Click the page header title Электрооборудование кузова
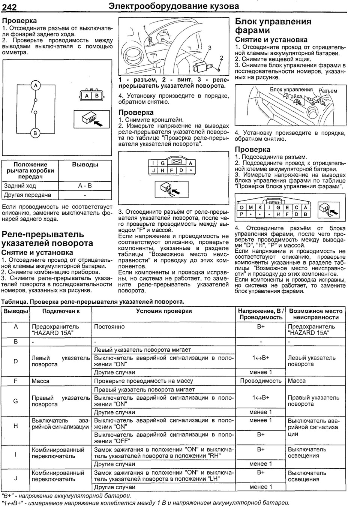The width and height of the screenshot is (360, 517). coord(173,6)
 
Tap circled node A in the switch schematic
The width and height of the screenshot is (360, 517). coord(36,86)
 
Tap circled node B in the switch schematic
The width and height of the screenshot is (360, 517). coord(36,133)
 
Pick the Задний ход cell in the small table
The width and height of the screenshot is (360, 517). coord(20,186)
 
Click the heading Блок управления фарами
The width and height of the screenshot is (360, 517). coord(273,26)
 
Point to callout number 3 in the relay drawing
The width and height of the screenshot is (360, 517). coord(210,48)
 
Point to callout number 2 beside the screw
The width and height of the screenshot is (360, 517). coord(221,58)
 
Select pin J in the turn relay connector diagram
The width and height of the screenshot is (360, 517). coord(153,170)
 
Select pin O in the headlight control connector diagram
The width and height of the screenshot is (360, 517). coord(241,207)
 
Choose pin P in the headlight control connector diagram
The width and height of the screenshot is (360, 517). coord(241,214)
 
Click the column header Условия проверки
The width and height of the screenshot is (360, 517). coord(164,311)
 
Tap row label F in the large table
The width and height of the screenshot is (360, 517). coord(16,381)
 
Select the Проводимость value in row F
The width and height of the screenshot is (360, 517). coord(261,381)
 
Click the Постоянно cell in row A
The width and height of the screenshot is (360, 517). coord(109,327)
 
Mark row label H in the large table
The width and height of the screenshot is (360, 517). coord(16,426)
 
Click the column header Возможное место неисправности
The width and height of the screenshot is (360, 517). coord(316,314)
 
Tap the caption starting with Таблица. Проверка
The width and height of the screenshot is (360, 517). coord(93,301)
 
